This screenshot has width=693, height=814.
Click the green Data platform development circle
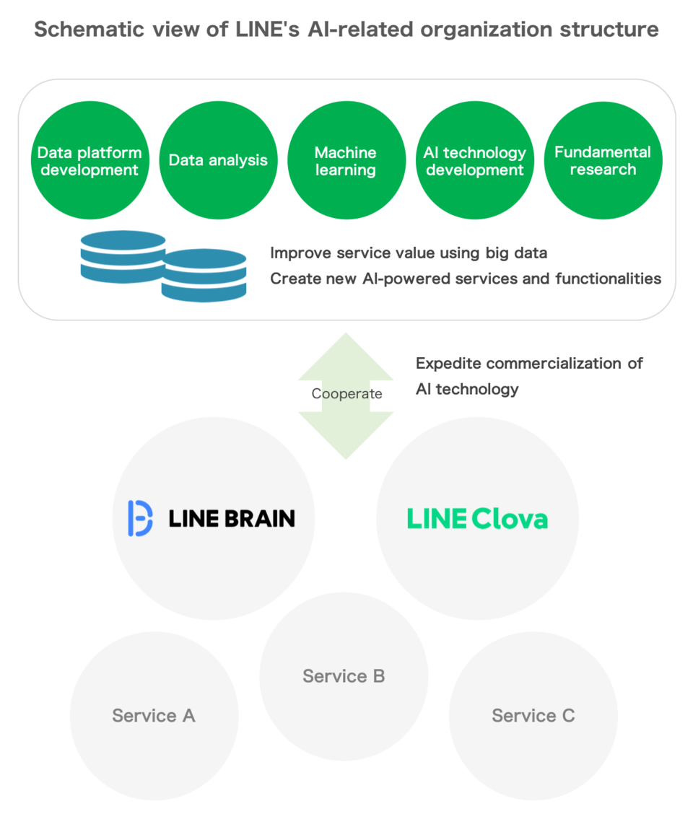coord(90,160)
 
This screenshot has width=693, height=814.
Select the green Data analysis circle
coord(218,160)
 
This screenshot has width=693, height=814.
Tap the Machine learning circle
coord(346,160)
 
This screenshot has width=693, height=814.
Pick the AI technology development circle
coord(474,160)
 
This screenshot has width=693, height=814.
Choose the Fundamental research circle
coord(603,160)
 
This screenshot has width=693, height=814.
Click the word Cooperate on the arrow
coord(346,394)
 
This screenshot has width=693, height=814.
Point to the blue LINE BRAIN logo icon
coord(140,518)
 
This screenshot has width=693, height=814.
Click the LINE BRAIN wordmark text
coord(232,518)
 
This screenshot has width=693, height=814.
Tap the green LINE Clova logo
coord(477,518)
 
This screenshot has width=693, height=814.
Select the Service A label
coord(154,715)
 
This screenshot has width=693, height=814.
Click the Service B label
coord(344,676)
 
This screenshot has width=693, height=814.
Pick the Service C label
coord(533,715)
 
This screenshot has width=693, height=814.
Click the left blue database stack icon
coord(123,257)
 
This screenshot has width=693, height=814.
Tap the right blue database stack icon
coord(204,275)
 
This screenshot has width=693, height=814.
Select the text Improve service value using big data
coord(409,253)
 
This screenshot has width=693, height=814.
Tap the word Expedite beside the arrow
coord(448,363)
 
